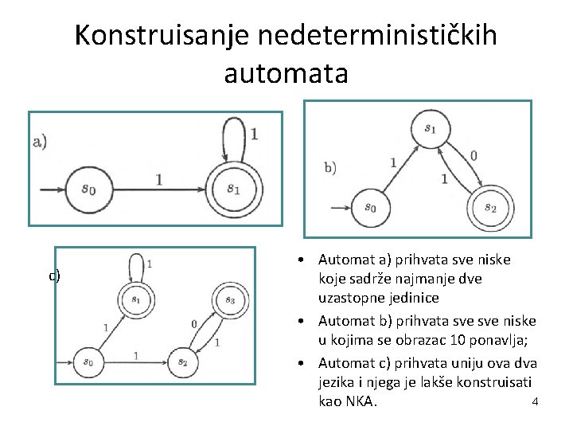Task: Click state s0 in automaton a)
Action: tap(89, 190)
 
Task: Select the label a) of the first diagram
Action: tap(40, 142)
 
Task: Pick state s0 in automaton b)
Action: tap(370, 207)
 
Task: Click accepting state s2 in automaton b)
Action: tap(489, 208)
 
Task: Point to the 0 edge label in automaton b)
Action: tap(474, 155)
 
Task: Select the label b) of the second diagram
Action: tap(330, 167)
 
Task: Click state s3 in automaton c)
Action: tap(229, 300)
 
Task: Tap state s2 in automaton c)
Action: tap(182, 362)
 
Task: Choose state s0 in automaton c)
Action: tap(88, 362)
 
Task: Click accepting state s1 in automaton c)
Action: tap(136, 300)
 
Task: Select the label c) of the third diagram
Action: tap(54, 276)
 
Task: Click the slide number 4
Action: tap(535, 401)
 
